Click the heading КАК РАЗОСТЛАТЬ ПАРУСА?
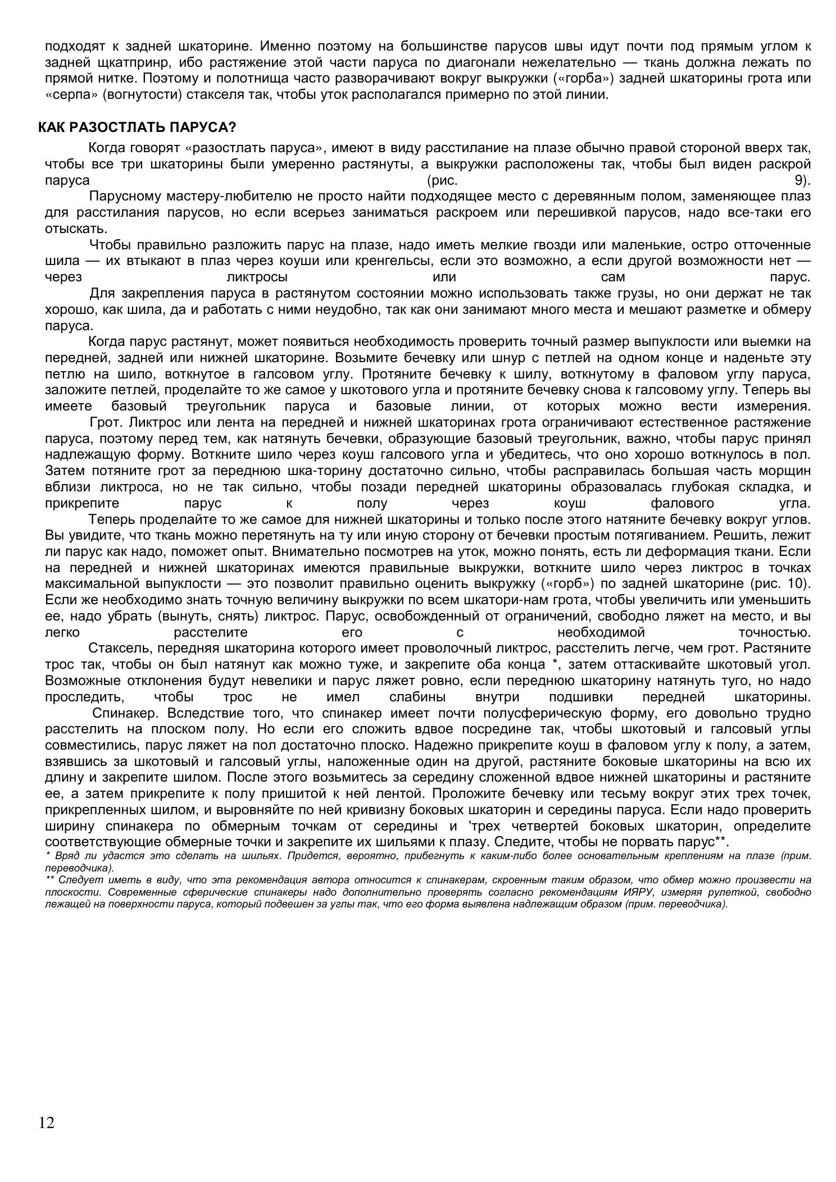click(137, 127)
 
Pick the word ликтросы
click(257, 277)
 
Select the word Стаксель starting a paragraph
click(120, 649)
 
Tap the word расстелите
click(211, 632)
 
